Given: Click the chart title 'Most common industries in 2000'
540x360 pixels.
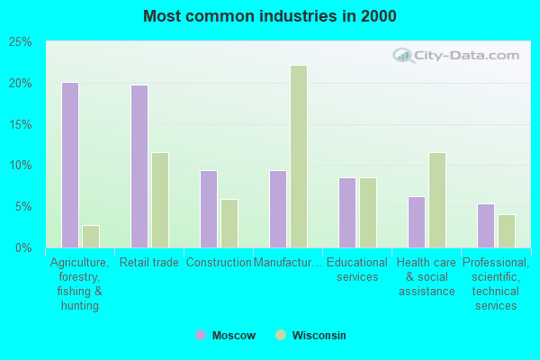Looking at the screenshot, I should [269, 16].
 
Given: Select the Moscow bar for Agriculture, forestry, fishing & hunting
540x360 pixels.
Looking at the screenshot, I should [70, 165].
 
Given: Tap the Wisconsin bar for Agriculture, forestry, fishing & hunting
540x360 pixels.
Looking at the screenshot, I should [91, 236].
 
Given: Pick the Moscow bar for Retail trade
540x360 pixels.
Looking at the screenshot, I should [139, 166].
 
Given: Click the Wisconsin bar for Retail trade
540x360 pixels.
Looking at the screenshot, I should [160, 200].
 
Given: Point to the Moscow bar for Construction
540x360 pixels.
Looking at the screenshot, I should [209, 209].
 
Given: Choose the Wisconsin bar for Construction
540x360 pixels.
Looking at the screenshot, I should [229, 223].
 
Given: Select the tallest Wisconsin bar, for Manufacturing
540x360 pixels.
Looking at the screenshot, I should [299, 157].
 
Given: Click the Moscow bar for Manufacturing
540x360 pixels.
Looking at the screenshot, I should [278, 209].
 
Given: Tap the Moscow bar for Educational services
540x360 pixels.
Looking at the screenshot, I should [347, 212].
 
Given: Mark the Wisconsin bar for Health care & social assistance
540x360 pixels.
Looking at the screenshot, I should [437, 200].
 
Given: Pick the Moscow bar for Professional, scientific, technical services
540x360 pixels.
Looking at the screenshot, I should [486, 225].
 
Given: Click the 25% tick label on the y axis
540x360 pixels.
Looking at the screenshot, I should [21, 42].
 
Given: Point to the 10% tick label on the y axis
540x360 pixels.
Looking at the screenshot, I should [21, 166].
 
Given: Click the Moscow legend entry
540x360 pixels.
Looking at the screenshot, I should [226, 336].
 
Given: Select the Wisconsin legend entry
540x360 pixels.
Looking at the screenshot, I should [310, 336].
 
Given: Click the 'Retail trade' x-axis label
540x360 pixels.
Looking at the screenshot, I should [148, 263].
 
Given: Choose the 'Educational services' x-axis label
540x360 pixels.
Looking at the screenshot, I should [357, 270].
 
